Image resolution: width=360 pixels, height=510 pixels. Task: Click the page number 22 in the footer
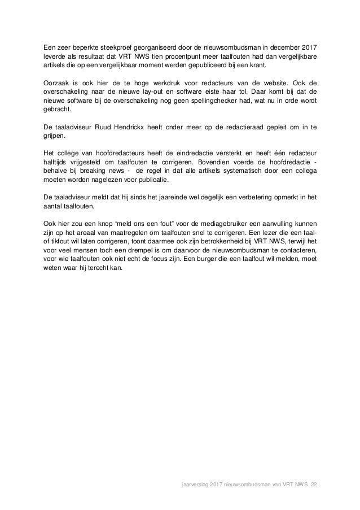[314, 483]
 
